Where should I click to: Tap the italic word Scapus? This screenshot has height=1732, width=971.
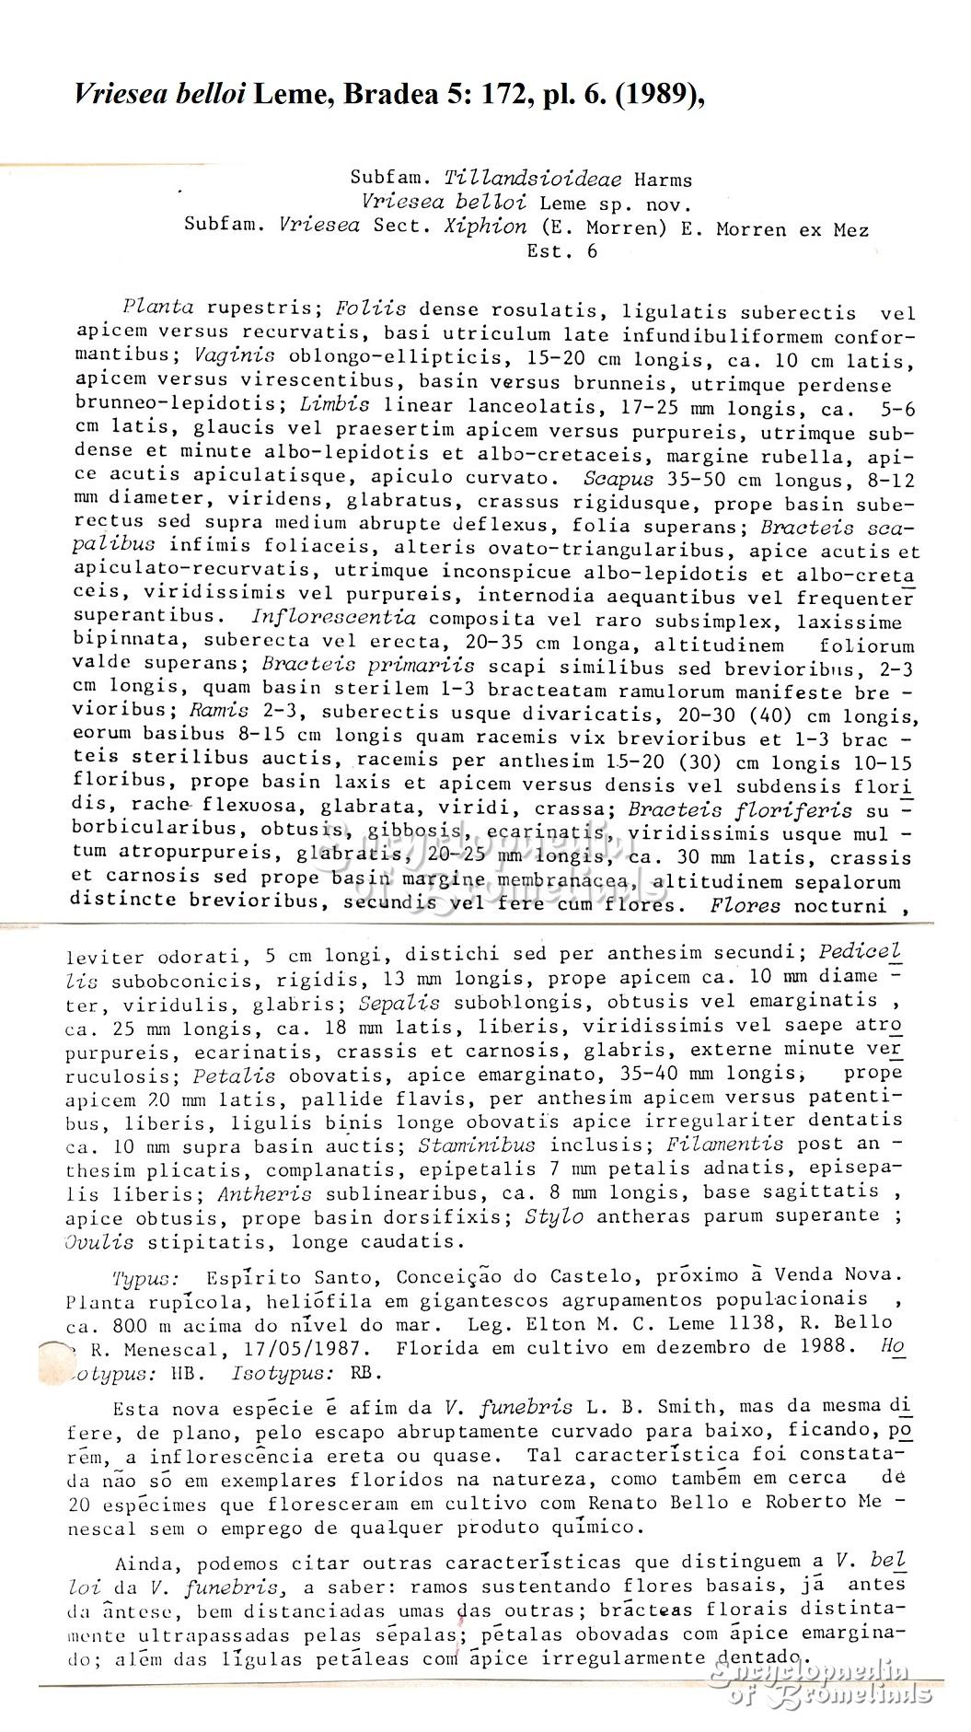618,479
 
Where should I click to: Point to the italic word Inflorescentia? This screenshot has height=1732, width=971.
333,618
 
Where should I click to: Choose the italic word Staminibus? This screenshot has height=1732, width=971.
464,1145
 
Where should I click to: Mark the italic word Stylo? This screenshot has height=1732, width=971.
554,1216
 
